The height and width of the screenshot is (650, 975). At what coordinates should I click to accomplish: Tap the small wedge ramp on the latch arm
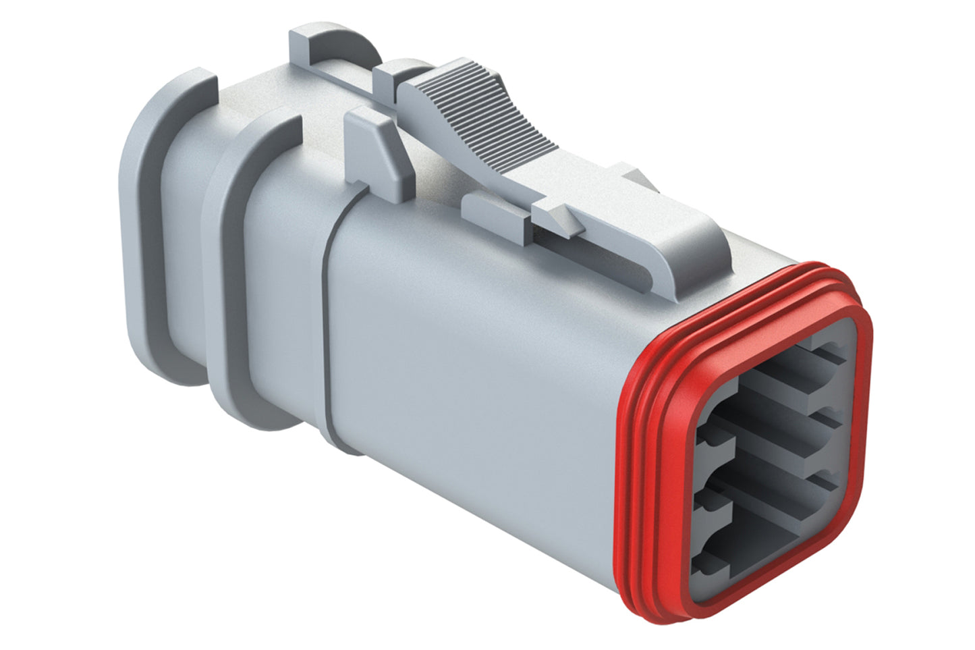click(560, 219)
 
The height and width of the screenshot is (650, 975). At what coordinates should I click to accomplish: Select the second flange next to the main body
click(233, 270)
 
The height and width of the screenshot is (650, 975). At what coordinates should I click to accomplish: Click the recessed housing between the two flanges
click(186, 256)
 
